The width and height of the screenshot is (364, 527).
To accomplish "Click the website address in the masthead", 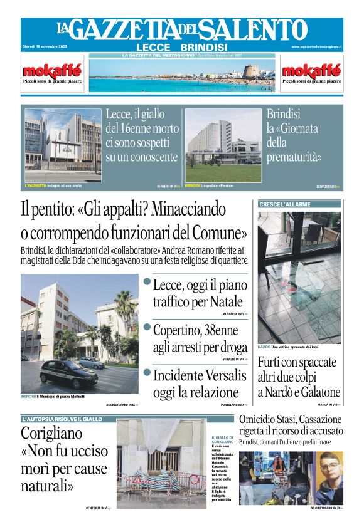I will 316,47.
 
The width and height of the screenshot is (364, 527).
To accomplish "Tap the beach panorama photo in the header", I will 182,76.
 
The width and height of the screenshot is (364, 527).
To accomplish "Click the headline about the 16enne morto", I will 142,135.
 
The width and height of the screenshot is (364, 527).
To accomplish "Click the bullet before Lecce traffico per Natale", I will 147,282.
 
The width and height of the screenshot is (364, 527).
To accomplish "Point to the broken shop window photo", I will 299,276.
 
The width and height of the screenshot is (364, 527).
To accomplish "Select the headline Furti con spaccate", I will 299,377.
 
